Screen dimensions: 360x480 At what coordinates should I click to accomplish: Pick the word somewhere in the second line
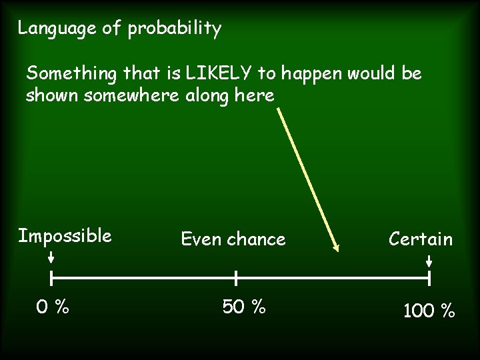tap(129, 95)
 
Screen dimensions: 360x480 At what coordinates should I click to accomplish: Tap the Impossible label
tap(65, 236)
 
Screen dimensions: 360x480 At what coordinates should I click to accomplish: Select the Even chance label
tap(233, 239)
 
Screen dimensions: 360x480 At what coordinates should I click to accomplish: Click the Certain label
tap(421, 239)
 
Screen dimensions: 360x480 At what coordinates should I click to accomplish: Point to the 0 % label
tap(53, 307)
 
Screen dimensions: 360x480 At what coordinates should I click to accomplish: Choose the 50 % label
tap(244, 307)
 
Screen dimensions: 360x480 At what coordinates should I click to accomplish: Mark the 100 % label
tap(429, 311)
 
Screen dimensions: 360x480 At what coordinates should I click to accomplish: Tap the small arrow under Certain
tap(429, 259)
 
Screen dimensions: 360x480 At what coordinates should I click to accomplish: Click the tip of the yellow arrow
tap(337, 251)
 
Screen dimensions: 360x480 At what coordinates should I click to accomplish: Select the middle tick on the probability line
tap(236, 277)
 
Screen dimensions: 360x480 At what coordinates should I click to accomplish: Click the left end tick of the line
tap(52, 277)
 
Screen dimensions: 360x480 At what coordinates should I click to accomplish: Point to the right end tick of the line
tap(429, 277)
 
